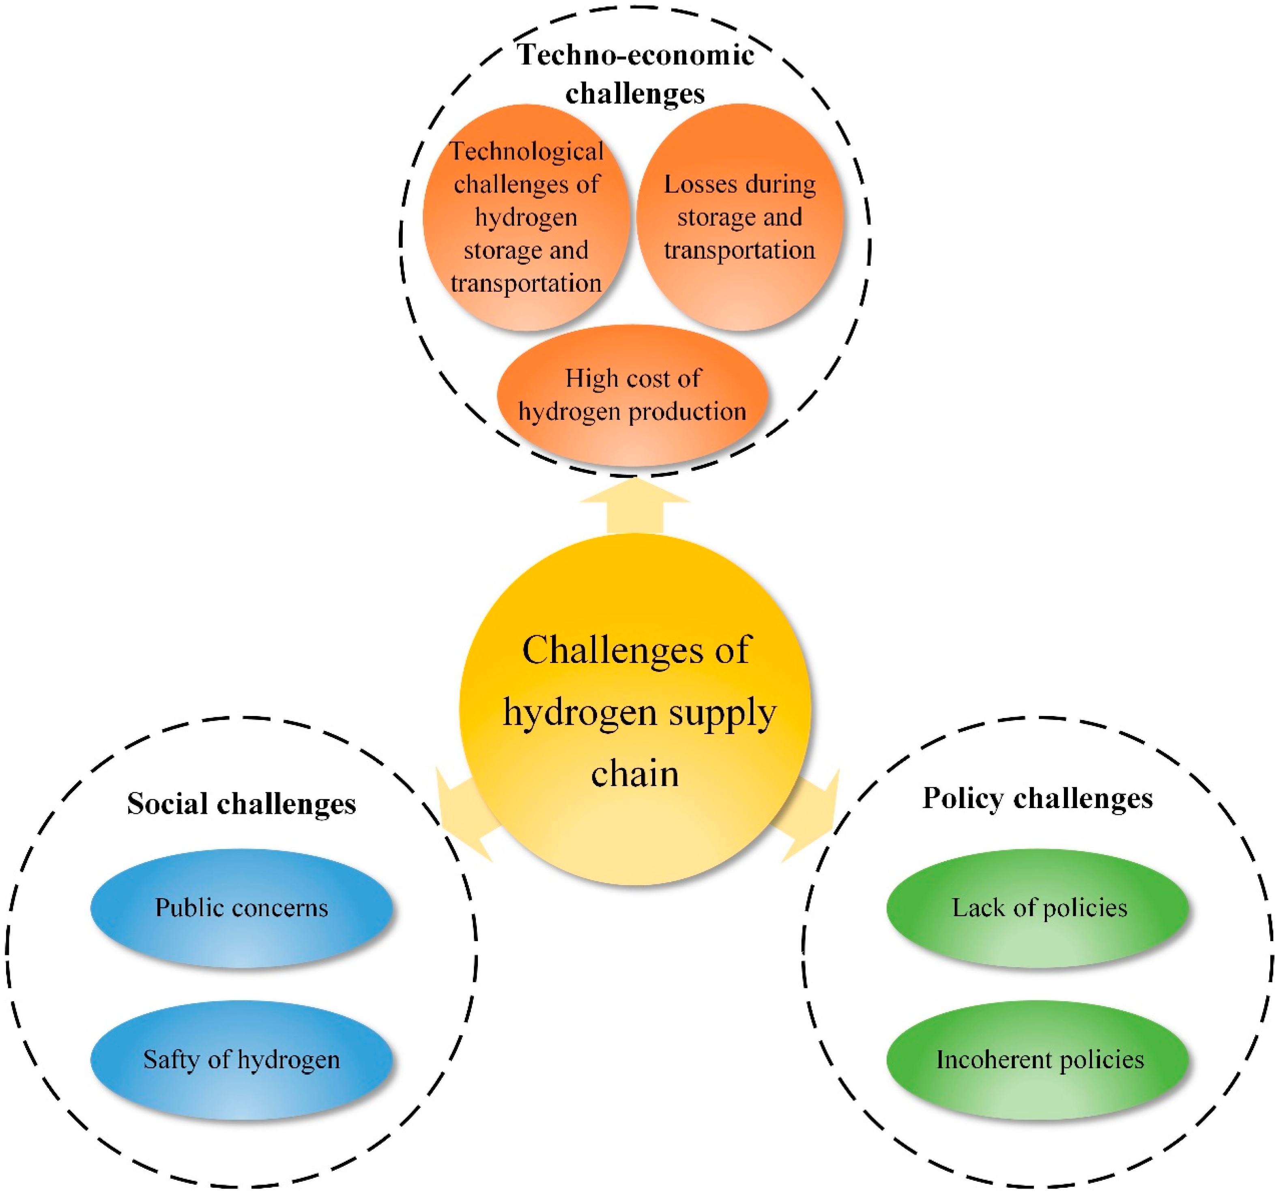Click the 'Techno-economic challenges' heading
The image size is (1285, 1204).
pos(635,74)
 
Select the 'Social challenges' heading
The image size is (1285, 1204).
pos(241,804)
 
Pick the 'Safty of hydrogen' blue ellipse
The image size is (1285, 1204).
pos(241,1060)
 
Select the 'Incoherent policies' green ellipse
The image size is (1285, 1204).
pos(1038,1060)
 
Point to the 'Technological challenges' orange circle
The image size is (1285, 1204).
pos(526,217)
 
